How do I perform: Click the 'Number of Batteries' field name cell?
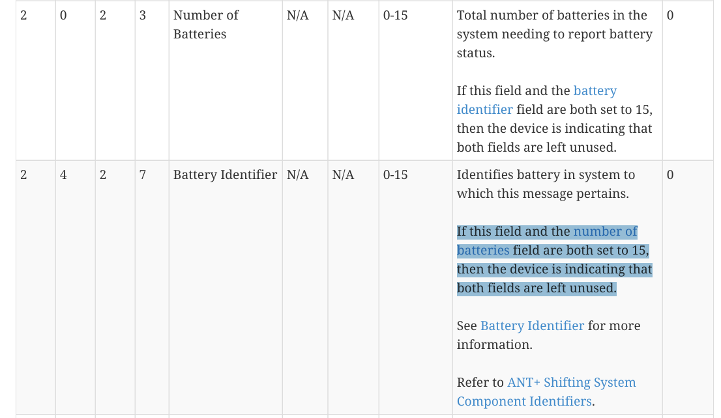(205, 24)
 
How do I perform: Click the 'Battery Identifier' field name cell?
(225, 174)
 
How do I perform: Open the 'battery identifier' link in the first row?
(595, 91)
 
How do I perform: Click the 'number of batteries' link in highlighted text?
(605, 231)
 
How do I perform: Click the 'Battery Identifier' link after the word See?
(532, 326)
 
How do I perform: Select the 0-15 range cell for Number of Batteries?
(395, 15)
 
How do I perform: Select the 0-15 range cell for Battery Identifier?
(395, 174)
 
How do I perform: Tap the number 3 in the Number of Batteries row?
(143, 15)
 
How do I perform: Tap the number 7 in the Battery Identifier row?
(143, 174)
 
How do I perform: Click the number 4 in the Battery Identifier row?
(63, 174)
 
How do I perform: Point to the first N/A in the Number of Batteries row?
(297, 15)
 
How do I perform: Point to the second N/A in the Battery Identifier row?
(343, 174)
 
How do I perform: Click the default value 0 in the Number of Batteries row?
(670, 15)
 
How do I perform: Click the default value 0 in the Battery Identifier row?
(670, 174)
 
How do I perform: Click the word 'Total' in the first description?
(471, 15)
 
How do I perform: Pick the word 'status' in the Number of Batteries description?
(475, 53)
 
